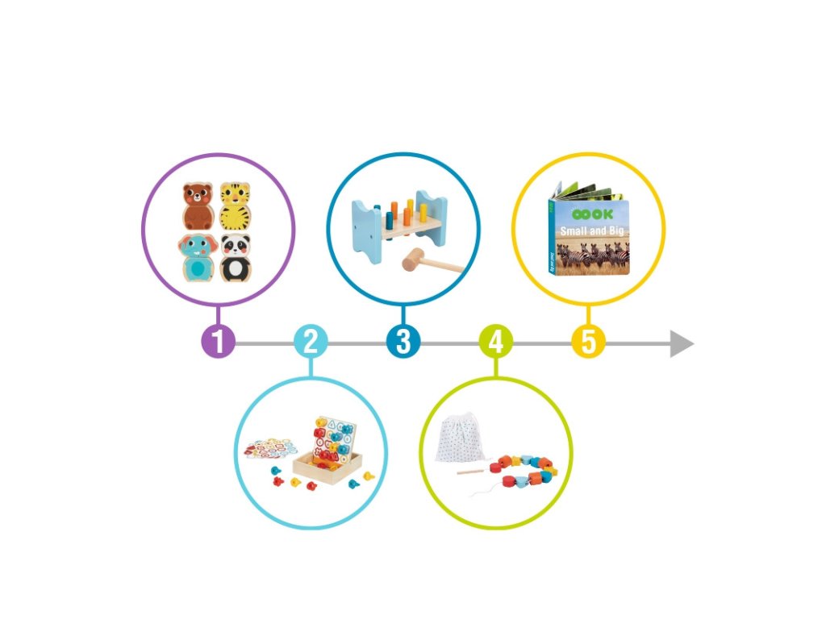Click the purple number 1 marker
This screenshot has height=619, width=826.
218,342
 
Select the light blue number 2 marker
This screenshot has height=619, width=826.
311,342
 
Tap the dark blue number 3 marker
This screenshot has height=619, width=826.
403,342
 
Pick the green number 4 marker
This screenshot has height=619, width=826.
496,342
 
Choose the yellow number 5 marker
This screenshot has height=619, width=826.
589,342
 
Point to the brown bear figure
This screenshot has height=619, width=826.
197,206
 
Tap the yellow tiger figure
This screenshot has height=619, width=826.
236,206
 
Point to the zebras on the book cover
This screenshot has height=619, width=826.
597,256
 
